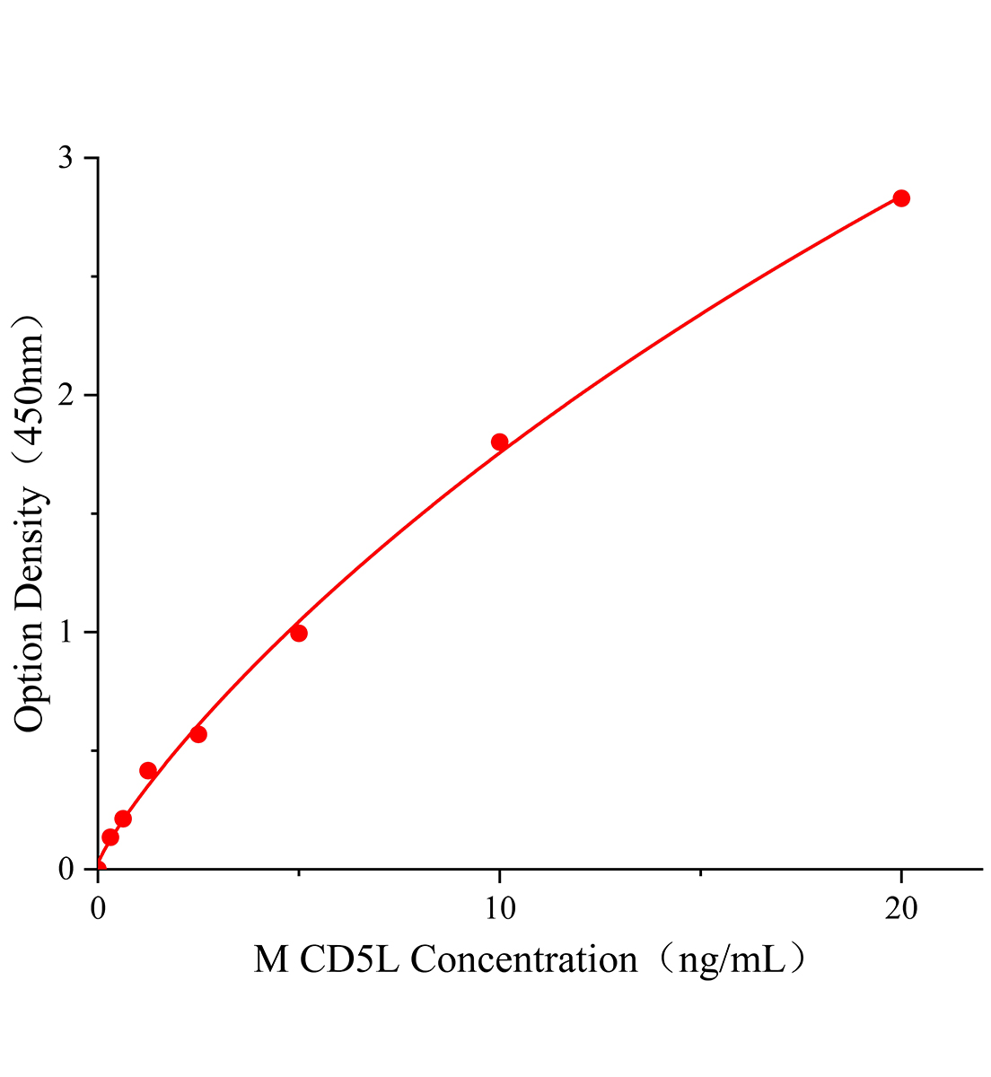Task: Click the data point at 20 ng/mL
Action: (901, 198)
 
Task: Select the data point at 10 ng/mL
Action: (500, 442)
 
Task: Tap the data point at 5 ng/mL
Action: (299, 634)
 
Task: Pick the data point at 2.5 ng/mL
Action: (198, 734)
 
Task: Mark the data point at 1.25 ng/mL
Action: (148, 770)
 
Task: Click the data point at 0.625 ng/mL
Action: (123, 819)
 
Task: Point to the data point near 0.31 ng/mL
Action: (110, 837)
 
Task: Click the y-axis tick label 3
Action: (66, 158)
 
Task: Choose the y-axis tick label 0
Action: (66, 869)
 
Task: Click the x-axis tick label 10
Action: (500, 908)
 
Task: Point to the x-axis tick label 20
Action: (901, 908)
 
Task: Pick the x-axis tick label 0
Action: (98, 908)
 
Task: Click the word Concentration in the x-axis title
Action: (524, 961)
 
